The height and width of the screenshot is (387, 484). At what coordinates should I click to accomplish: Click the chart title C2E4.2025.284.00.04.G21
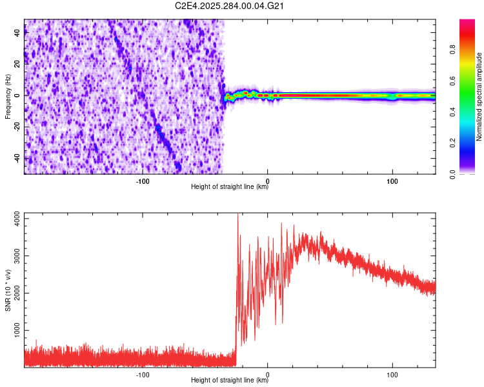pyautogui.click(x=230, y=6)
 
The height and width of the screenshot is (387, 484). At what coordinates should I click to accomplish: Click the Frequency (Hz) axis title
pyautogui.click(x=8, y=97)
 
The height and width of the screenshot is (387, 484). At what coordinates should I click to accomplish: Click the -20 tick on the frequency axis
pyautogui.click(x=17, y=127)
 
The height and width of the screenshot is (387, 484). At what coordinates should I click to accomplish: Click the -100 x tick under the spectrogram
pyautogui.click(x=143, y=181)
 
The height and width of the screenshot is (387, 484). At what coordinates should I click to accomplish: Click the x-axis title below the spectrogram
pyautogui.click(x=230, y=188)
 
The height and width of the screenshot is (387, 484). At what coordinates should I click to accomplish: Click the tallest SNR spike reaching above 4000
pyautogui.click(x=238, y=215)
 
